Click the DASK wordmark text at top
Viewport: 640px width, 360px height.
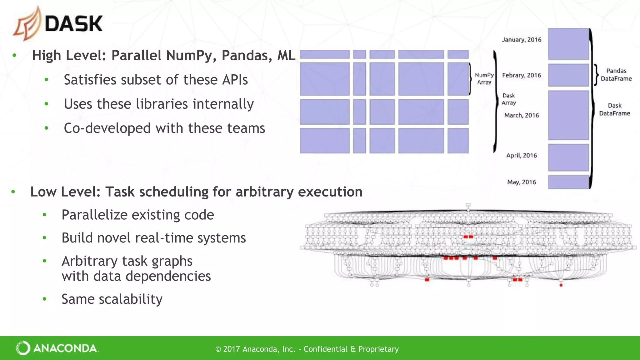[x=74, y=24]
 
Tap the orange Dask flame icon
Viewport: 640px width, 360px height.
[x=27, y=24]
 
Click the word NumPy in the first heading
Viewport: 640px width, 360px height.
[x=192, y=56]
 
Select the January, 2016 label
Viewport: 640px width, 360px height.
[x=522, y=40]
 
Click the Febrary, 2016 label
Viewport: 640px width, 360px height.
[x=522, y=75]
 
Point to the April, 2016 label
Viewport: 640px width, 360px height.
[x=522, y=155]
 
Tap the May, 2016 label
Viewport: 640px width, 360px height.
[x=522, y=182]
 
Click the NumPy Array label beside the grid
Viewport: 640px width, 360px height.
[x=484, y=79]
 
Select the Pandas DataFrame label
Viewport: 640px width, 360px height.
[x=616, y=75]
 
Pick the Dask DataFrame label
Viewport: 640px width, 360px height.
[x=615, y=109]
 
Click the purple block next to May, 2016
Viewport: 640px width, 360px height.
[x=568, y=182]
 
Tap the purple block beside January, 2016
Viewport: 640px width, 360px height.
[x=568, y=44]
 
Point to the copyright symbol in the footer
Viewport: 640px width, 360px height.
[x=218, y=349]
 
